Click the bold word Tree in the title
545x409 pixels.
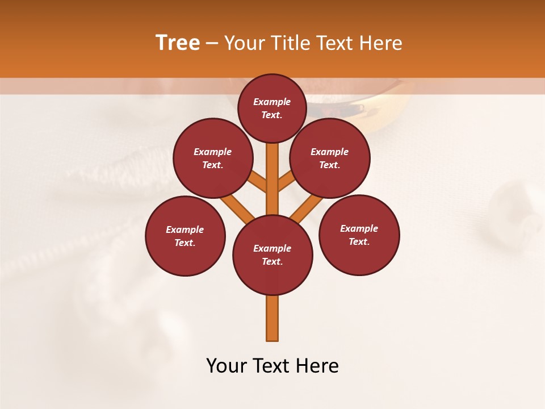pyautogui.click(x=178, y=43)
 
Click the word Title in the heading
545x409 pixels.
pyautogui.click(x=290, y=43)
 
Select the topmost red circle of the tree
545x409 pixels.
pyautogui.click(x=272, y=108)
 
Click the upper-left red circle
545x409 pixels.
pyautogui.click(x=213, y=158)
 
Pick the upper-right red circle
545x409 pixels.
pyautogui.click(x=330, y=158)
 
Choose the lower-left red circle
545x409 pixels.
pyautogui.click(x=185, y=236)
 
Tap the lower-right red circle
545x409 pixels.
pyautogui.click(x=359, y=235)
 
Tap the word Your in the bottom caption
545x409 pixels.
pyautogui.click(x=225, y=366)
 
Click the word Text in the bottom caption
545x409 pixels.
pyautogui.click(x=272, y=366)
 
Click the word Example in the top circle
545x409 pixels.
pyautogui.click(x=272, y=102)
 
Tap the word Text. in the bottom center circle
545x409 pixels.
pyautogui.click(x=272, y=261)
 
